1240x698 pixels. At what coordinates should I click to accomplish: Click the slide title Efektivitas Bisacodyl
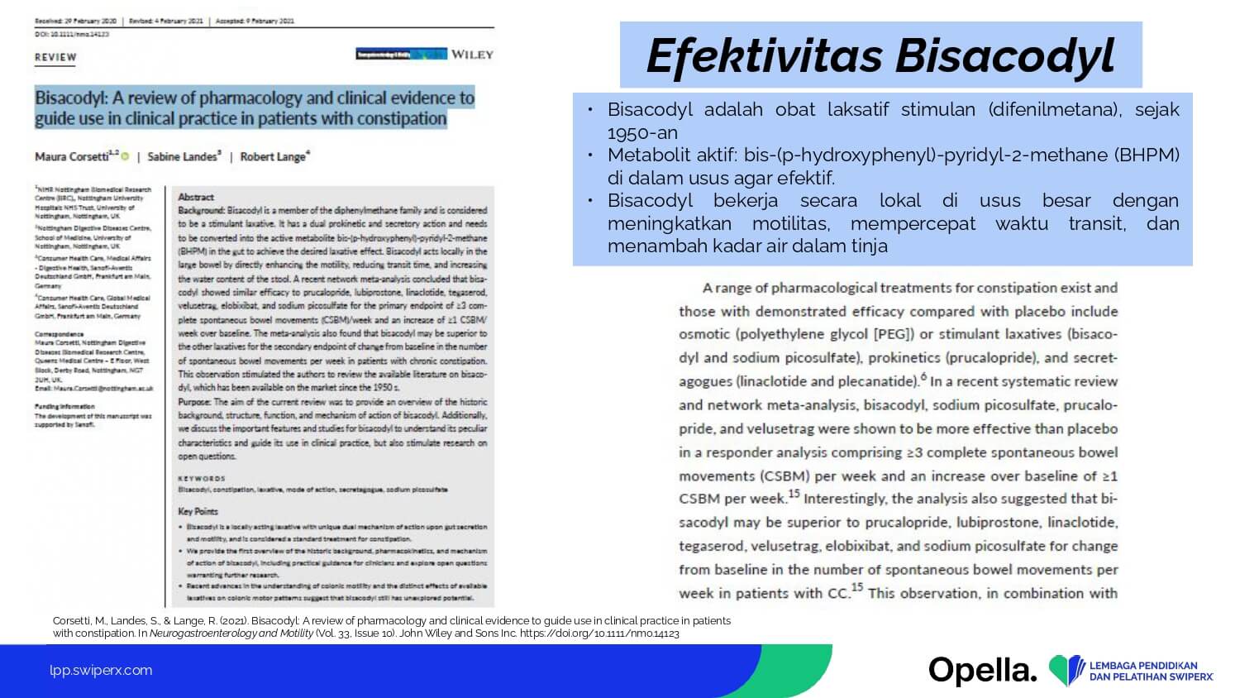880,55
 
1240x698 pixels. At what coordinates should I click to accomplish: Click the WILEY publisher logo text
472,55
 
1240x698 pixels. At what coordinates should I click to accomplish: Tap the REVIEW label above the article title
55,57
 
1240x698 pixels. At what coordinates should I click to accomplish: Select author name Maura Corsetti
72,156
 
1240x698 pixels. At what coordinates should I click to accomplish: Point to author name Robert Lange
272,156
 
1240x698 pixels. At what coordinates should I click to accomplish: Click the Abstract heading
196,197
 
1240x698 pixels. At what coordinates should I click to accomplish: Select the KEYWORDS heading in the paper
202,478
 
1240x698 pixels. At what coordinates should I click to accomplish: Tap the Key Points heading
198,511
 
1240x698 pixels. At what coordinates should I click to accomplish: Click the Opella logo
982,671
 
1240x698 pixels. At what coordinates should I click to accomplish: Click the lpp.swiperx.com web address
101,671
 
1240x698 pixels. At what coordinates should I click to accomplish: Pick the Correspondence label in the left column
60,334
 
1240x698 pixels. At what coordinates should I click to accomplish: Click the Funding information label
64,407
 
